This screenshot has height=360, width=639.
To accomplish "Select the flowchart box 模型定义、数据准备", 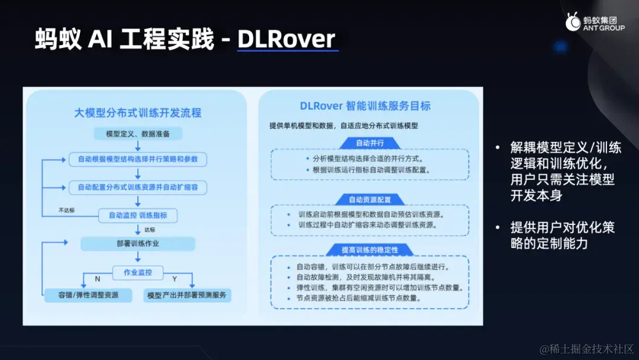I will pos(138,134).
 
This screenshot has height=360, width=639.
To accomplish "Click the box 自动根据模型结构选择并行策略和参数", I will pos(138,159).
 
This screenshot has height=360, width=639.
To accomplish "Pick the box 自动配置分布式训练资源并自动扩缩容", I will pos(138,187).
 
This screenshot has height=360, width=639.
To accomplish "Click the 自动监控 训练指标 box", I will pos(138,215).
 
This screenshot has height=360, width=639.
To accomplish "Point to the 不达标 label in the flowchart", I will pos(66,210).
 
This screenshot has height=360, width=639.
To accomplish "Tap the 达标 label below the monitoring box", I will pos(149,230).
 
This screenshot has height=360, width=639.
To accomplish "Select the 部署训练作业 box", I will pos(138,243).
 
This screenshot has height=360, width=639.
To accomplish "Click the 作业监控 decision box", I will pos(138,272).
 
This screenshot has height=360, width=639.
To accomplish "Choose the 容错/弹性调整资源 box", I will pos(89,295).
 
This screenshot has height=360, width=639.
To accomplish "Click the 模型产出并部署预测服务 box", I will pos(187,295).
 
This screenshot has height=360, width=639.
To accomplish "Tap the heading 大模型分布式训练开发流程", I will pos(138,112).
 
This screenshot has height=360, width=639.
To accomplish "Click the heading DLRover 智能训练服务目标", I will pos(365,106).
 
